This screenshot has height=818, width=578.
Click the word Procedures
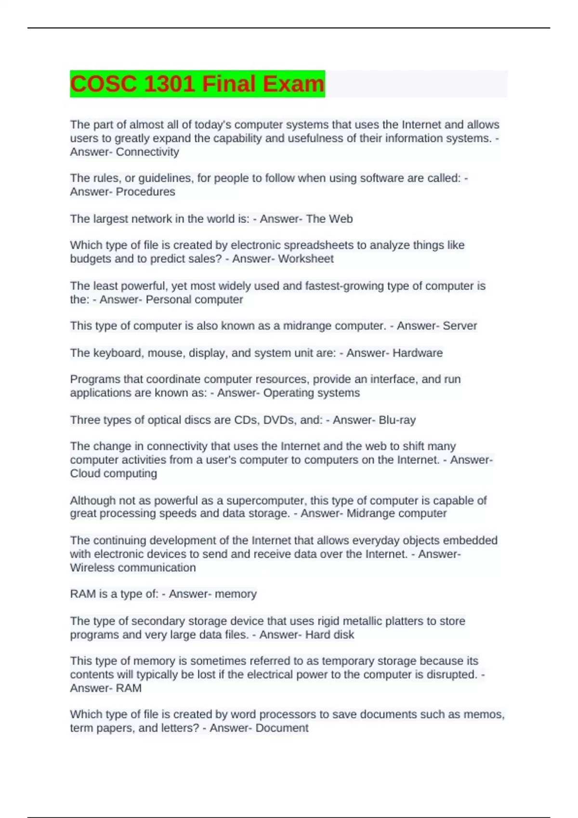pos(145,192)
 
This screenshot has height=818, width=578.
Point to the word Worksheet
pos(306,259)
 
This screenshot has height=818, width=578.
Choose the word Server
pos(460,326)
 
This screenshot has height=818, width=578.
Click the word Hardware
pos(418,353)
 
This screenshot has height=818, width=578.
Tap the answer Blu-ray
pos(397,420)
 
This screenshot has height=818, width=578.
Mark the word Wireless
pos(92,568)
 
